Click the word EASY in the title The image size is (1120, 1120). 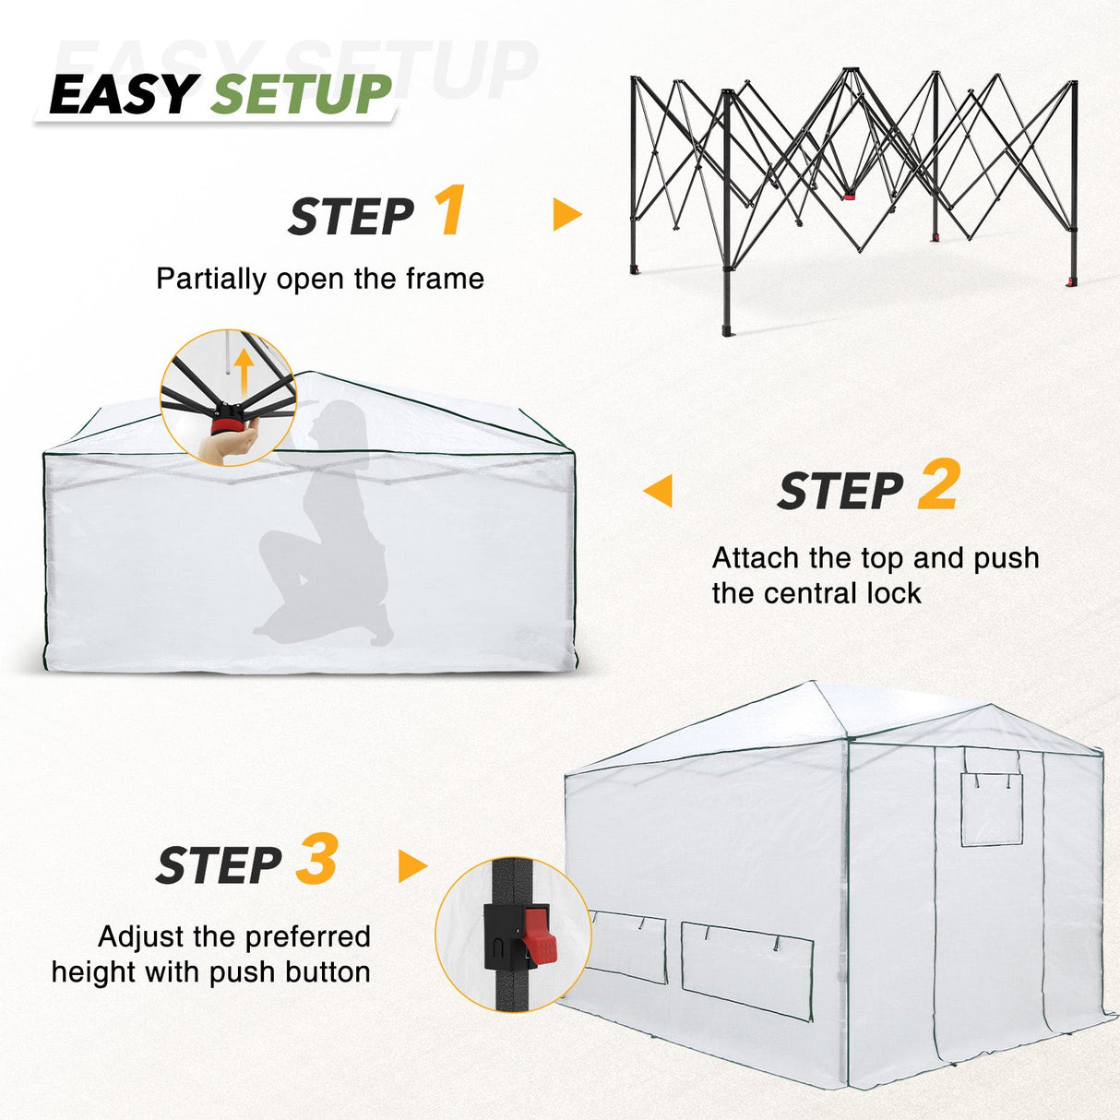pos(123,94)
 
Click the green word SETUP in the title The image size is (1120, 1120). pos(302,94)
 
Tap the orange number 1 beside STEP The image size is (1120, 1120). pos(449,211)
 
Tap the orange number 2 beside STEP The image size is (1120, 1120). pos(939,485)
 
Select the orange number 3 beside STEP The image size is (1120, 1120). pos(316,860)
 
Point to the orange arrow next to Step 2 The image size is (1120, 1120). pos(658,490)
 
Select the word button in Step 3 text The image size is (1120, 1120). pos(328,971)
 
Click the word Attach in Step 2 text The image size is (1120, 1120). pos(755,558)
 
